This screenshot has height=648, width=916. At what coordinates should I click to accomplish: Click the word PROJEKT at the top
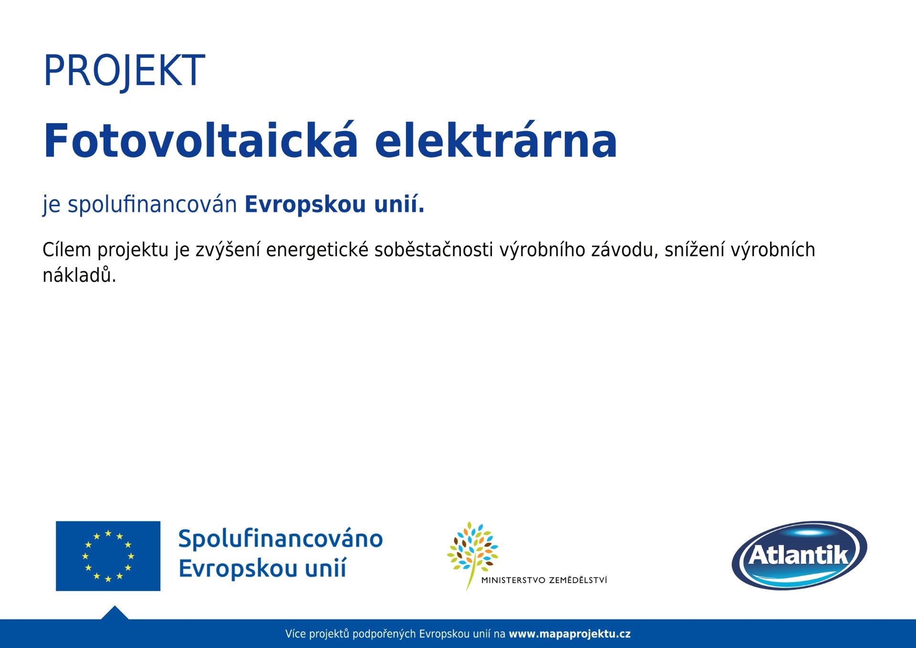coord(124,71)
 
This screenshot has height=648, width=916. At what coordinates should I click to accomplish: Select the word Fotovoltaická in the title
coord(200,140)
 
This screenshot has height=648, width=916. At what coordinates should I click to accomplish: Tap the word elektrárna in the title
coord(496,140)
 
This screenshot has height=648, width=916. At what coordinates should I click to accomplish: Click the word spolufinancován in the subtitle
coord(152,204)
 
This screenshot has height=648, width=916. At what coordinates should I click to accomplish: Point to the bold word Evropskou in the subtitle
coord(305,204)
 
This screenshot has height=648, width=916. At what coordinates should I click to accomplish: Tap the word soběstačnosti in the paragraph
coord(434,250)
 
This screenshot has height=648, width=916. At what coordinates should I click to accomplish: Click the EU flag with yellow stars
coord(108,556)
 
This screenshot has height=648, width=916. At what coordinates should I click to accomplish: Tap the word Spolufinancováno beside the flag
coord(281,540)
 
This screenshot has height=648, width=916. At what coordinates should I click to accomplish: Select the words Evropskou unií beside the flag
coord(262,569)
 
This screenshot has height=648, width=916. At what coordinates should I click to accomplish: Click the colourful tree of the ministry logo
coord(472,554)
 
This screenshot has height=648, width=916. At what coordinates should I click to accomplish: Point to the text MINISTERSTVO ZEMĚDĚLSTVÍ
coord(544,580)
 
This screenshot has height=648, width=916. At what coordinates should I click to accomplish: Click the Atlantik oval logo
coord(800,555)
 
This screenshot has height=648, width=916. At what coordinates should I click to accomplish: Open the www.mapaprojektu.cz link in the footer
coord(570,634)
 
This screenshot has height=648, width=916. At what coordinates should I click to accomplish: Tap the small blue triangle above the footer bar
coord(114,613)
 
